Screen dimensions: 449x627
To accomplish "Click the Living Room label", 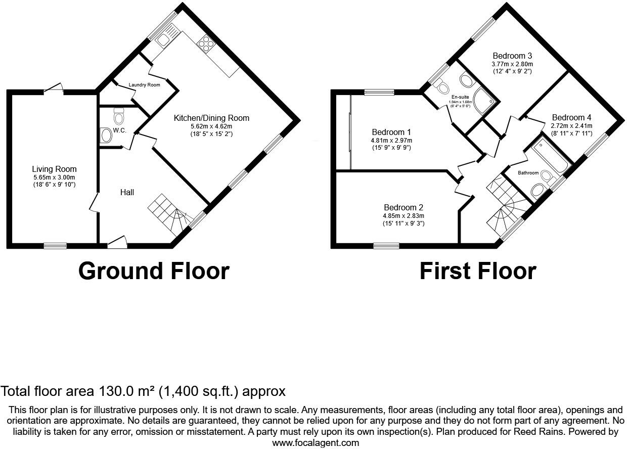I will pyautogui.click(x=54, y=169).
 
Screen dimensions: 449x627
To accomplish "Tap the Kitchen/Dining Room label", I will pyautogui.click(x=211, y=118).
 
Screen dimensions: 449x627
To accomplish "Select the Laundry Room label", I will pyautogui.click(x=144, y=85).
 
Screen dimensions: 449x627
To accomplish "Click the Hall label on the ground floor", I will pyautogui.click(x=127, y=192).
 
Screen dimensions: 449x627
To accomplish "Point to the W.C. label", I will pyautogui.click(x=119, y=130).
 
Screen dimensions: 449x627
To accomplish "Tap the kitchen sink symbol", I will pyautogui.click(x=164, y=38).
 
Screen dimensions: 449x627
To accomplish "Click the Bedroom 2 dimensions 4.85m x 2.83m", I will pyautogui.click(x=404, y=215).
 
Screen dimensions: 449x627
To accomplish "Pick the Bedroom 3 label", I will pyautogui.click(x=512, y=56).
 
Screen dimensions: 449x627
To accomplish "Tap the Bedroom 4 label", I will pyautogui.click(x=572, y=117).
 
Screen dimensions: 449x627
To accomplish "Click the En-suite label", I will pyautogui.click(x=460, y=97).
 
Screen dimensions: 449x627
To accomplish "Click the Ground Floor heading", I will pyautogui.click(x=154, y=271).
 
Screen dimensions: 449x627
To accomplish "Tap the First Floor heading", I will pyautogui.click(x=477, y=271).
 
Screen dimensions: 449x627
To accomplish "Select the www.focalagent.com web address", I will pyautogui.click(x=316, y=442).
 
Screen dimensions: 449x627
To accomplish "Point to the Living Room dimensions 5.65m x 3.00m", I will pyautogui.click(x=54, y=177).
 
